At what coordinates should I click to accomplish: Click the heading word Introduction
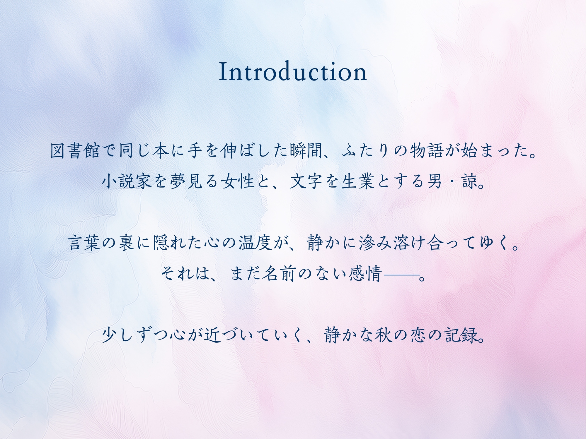pyautogui.click(x=293, y=71)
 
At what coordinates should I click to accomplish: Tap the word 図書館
pyautogui.click(x=75, y=151)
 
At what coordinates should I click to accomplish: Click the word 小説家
pyautogui.click(x=127, y=181)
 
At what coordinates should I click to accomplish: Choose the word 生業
pyautogui.click(x=358, y=181)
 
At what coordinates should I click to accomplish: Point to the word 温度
pyautogui.click(x=255, y=243)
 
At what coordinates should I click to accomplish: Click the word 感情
pyautogui.click(x=365, y=274)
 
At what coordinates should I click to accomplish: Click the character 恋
pyautogui.click(x=417, y=335)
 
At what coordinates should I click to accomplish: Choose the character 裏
pyautogui.click(x=126, y=243)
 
